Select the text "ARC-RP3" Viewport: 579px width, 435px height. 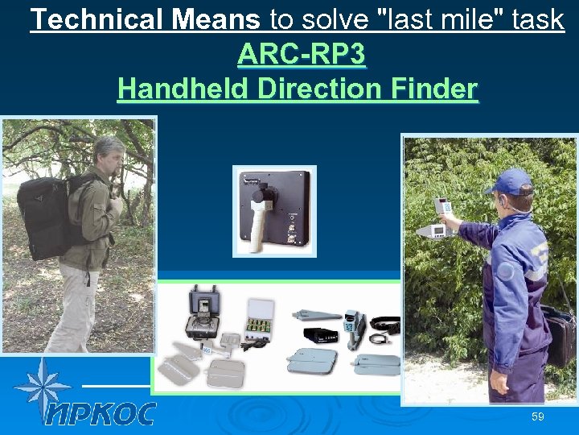click(302, 54)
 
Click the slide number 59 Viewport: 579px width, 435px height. click(537, 416)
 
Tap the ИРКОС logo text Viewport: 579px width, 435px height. click(100, 413)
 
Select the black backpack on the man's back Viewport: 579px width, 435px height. click(47, 213)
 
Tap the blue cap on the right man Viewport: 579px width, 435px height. click(511, 180)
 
